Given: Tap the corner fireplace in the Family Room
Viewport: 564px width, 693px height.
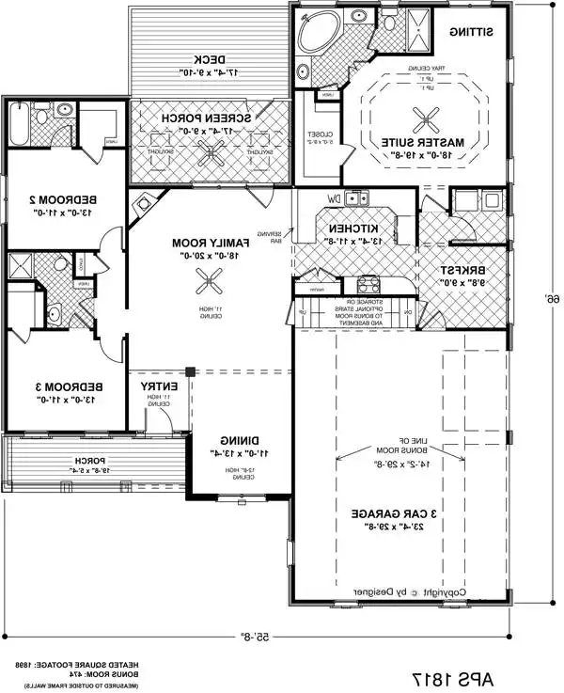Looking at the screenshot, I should [x=144, y=204].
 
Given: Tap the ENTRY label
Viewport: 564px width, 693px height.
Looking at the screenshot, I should [x=159, y=386].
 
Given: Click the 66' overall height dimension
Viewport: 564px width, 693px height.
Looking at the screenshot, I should [x=545, y=298].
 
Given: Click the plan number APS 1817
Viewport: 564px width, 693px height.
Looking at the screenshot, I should [x=450, y=677].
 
